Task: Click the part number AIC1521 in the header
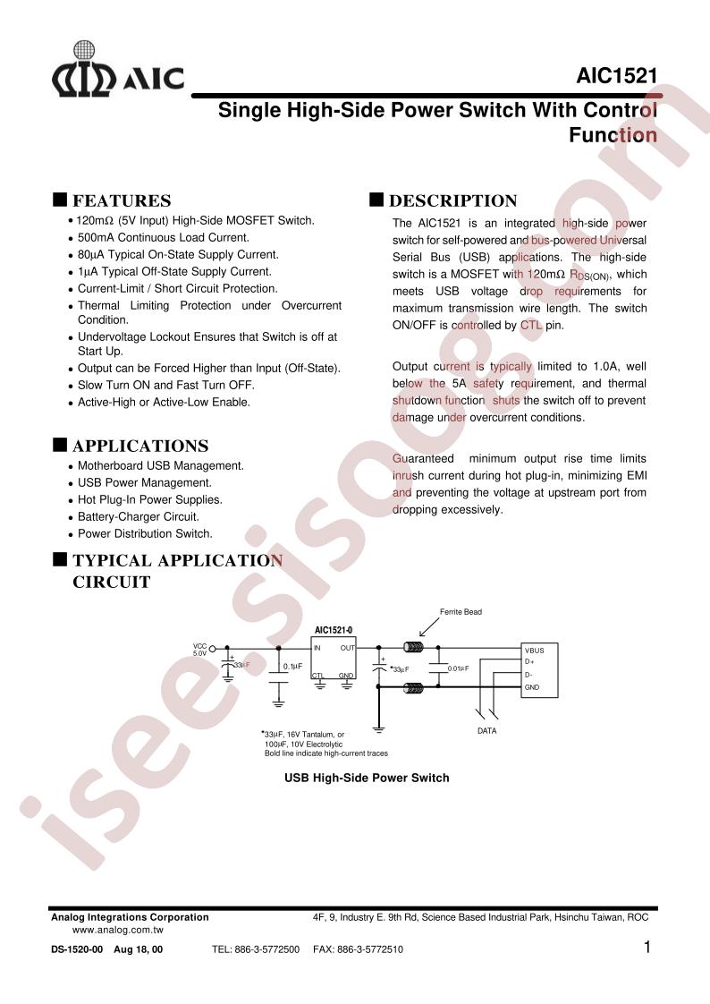tap(616, 78)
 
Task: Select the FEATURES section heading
tap(121, 200)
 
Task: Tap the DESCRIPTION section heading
tap(452, 200)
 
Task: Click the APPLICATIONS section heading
tap(139, 446)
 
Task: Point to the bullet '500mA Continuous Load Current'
tap(163, 237)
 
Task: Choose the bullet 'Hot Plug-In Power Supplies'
tap(149, 499)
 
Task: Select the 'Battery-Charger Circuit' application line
tap(138, 516)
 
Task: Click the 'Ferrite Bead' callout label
tap(461, 612)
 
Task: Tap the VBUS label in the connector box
tap(535, 651)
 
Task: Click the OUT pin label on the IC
tap(347, 647)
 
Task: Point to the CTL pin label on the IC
tap(318, 676)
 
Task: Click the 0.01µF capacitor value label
tap(458, 668)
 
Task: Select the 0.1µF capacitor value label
tap(292, 667)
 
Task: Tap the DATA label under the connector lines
tap(486, 731)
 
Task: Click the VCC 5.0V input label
tap(199, 649)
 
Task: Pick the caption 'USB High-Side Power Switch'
tap(367, 778)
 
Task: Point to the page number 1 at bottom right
tap(647, 948)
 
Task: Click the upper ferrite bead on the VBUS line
tap(413, 648)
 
